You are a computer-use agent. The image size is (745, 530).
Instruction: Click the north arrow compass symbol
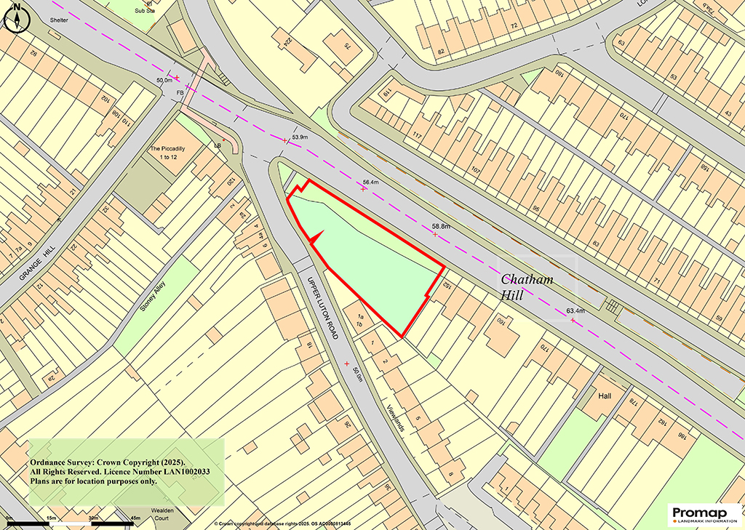tap(15, 17)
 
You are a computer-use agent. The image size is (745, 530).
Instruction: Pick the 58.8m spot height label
tap(441, 226)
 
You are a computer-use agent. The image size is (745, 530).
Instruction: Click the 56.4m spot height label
tap(371, 183)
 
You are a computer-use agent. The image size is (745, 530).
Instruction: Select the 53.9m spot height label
tap(300, 137)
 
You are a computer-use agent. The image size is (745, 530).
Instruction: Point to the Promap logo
tap(701, 514)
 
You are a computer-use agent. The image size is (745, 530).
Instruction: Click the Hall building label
tap(604, 396)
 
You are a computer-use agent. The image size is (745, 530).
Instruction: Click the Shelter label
tap(59, 20)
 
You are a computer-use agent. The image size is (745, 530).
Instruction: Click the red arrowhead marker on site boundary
tap(316, 236)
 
